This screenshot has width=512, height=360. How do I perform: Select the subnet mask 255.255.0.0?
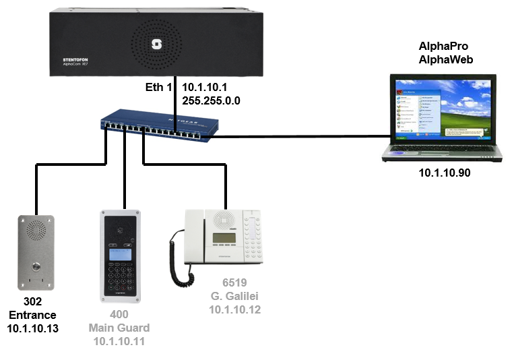[212, 100]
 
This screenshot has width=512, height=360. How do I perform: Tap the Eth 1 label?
[160, 88]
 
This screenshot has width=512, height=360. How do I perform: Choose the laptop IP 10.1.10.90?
[444, 173]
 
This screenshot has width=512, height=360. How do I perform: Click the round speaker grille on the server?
[157, 44]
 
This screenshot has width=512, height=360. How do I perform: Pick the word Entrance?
[32, 316]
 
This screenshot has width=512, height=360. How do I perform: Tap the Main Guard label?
[119, 328]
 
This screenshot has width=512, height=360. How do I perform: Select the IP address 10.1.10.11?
[119, 340]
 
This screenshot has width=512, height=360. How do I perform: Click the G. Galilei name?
[234, 297]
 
